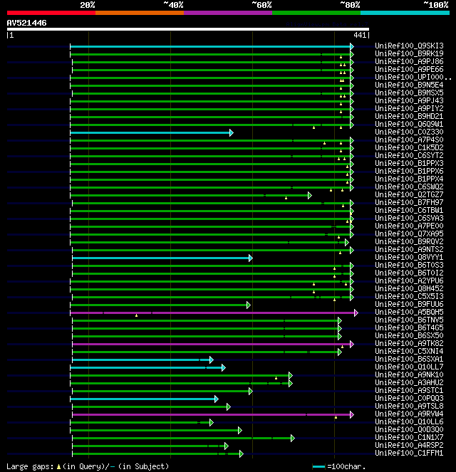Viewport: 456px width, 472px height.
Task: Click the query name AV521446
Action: click(27, 23)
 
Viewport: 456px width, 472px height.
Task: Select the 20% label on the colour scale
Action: click(88, 4)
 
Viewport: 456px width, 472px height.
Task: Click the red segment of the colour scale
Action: click(51, 12)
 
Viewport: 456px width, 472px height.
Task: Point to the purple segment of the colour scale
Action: click(227, 12)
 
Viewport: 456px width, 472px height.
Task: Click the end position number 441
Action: click(359, 35)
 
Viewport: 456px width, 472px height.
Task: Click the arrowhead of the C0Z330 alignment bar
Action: click(231, 132)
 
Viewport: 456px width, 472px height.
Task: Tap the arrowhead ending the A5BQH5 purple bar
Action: click(356, 313)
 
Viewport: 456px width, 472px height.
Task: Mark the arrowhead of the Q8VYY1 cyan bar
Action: click(251, 258)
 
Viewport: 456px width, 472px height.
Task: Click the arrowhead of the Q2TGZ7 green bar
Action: click(309, 195)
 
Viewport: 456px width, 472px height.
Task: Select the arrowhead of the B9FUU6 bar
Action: click(248, 305)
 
